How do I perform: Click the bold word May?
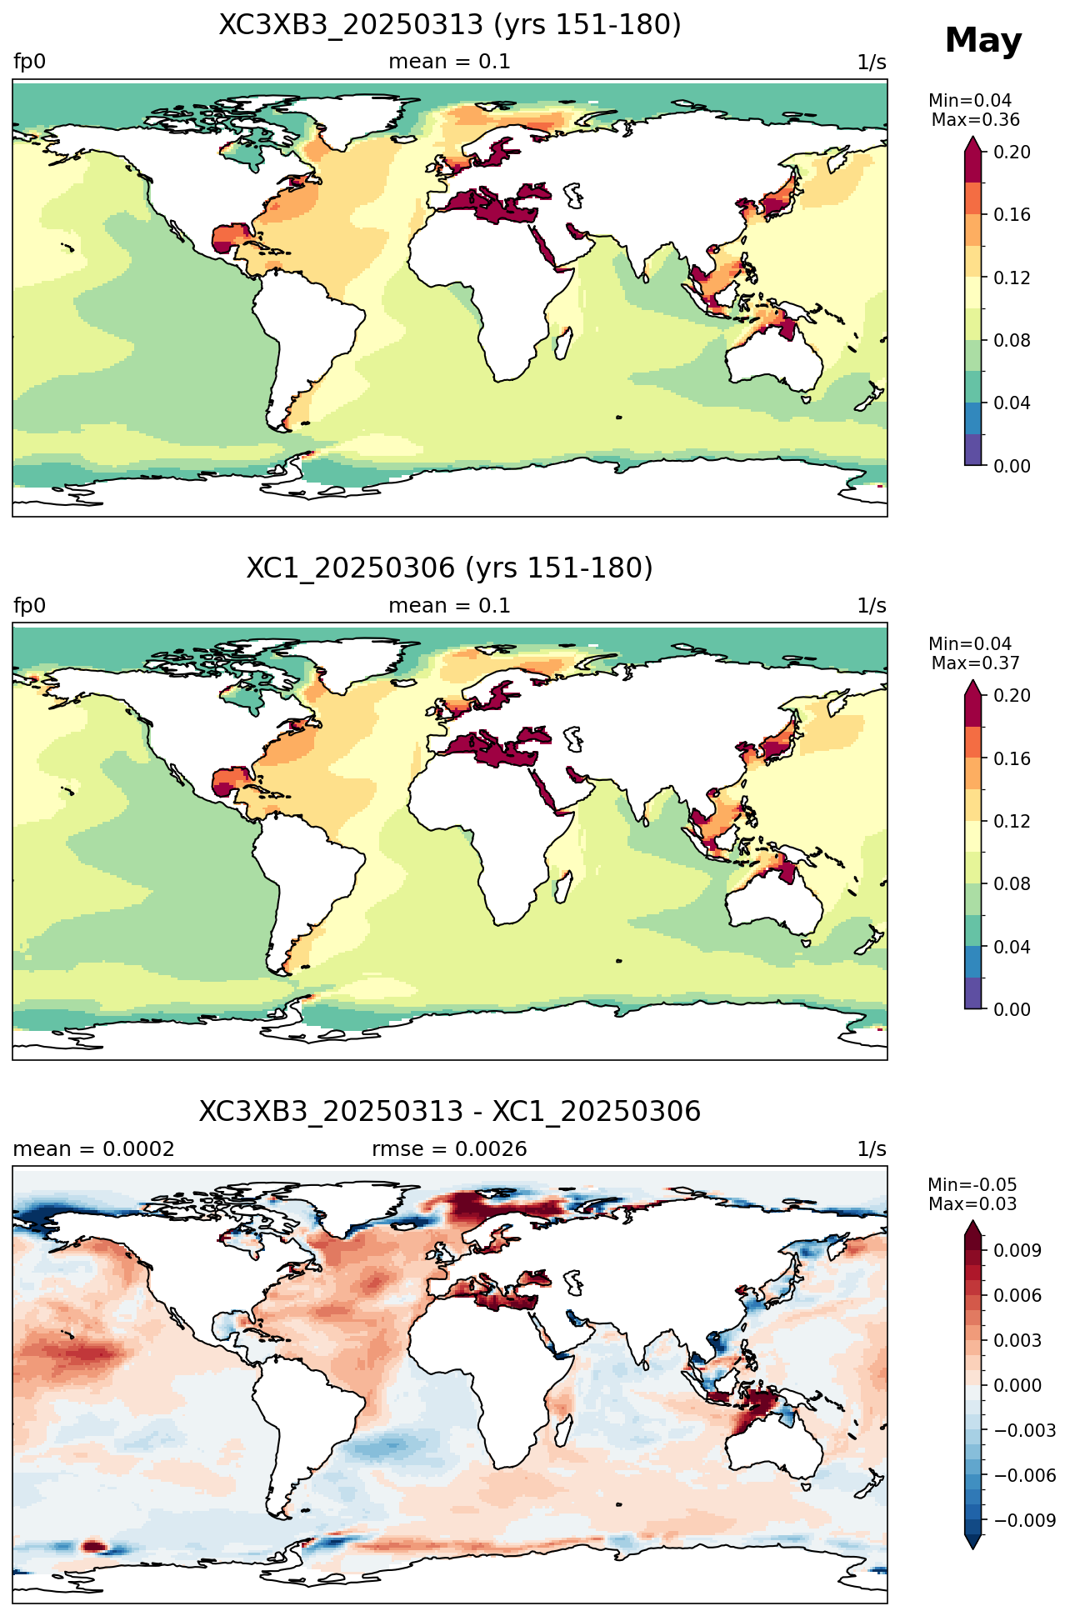(982, 41)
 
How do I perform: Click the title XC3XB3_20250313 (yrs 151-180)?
(450, 25)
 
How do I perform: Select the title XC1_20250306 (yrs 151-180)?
(450, 568)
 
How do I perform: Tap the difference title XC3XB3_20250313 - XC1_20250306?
(450, 1112)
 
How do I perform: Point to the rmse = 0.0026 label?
(450, 1149)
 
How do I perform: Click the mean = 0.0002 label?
(94, 1149)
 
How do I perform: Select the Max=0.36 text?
(975, 120)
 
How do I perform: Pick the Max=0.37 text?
(975, 663)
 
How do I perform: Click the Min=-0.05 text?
(972, 1185)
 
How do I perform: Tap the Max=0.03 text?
(972, 1204)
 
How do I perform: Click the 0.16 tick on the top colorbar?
(1012, 215)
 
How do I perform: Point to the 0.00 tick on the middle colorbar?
(1012, 1009)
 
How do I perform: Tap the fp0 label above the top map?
(30, 63)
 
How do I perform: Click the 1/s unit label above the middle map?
(872, 606)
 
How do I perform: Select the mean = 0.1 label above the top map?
(450, 63)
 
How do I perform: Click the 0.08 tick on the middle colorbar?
(1012, 884)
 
